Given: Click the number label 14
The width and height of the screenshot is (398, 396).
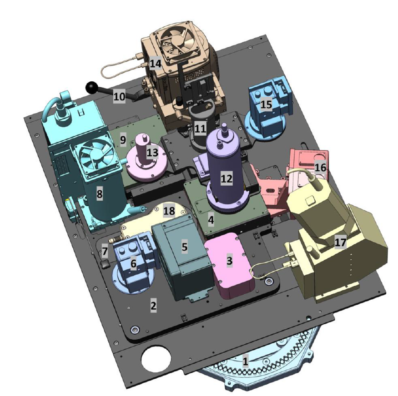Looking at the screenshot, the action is click(x=156, y=63).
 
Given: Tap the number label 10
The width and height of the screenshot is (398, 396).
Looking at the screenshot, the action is click(x=119, y=97).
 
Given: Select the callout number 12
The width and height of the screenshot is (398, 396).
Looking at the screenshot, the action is click(x=227, y=178).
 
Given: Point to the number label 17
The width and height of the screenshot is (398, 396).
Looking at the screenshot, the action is click(x=340, y=243).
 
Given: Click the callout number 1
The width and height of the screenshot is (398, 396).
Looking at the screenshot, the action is click(x=245, y=361).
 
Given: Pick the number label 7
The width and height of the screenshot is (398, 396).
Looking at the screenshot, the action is click(x=105, y=251).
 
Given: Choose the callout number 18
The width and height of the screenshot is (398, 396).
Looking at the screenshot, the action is click(x=169, y=211).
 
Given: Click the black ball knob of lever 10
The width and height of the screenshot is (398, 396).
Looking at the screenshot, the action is click(x=91, y=87).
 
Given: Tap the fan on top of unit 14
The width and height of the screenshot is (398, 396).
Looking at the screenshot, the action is click(x=178, y=42).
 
